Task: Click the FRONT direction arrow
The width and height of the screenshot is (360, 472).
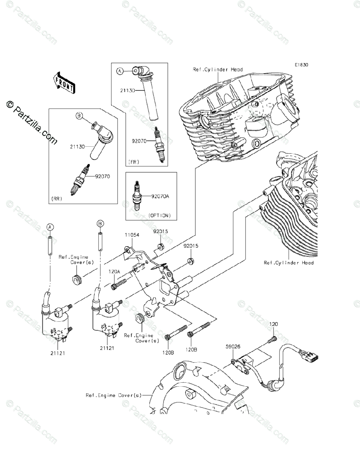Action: (x=64, y=83)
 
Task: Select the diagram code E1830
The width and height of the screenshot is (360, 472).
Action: (x=301, y=65)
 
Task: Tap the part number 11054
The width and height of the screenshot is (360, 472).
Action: (x=132, y=235)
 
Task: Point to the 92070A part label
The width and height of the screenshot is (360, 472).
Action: (x=160, y=196)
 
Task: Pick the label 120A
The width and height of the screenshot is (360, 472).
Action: (x=114, y=271)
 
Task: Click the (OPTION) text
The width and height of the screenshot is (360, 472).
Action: (x=160, y=216)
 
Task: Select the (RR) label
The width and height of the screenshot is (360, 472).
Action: (x=57, y=199)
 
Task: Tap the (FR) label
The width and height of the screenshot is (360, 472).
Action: (x=134, y=162)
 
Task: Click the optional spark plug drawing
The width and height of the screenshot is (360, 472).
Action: (x=136, y=195)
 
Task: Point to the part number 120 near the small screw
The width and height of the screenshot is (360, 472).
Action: (x=274, y=330)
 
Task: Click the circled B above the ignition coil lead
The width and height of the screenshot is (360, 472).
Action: (x=100, y=224)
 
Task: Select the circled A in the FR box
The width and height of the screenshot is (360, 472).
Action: (x=120, y=71)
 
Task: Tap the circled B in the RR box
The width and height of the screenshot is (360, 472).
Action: (x=79, y=116)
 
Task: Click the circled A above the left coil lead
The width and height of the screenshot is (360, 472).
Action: (x=50, y=227)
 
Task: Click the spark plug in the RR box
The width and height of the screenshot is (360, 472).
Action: (x=80, y=180)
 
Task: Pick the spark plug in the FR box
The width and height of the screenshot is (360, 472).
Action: (x=160, y=144)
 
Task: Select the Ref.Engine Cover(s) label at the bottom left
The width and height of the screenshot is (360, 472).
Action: (x=114, y=395)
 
